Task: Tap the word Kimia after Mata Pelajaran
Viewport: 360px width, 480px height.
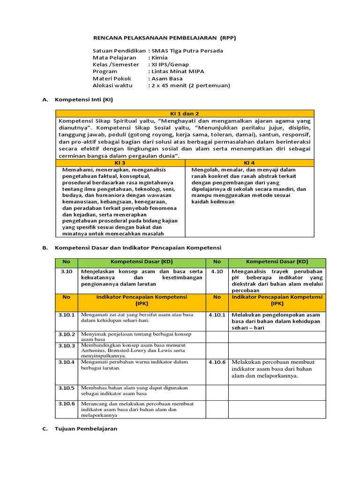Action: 159,58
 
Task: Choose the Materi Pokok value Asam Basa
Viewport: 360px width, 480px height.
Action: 167,78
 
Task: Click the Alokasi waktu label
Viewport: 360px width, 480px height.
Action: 112,85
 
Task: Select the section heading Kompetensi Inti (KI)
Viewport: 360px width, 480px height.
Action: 84,99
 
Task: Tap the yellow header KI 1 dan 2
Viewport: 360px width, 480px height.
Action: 185,113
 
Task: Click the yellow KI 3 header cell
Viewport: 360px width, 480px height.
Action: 120,162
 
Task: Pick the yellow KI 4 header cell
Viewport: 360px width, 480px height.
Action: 249,162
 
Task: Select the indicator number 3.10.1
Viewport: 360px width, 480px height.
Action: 67,315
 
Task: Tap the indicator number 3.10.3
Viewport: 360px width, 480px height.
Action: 67,345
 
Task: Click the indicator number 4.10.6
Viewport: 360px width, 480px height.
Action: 217,362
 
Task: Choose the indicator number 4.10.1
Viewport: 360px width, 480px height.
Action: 217,315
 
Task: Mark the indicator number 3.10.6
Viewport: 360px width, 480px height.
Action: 67,404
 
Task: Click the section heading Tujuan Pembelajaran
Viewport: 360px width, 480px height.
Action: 86,428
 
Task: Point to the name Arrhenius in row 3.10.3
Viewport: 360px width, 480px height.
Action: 92,351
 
